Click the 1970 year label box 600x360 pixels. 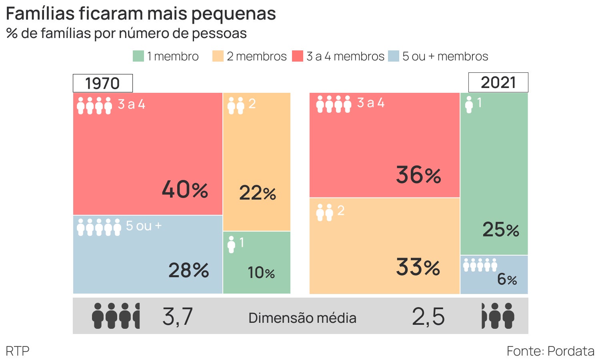[102, 83]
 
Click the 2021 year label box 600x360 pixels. [498, 82]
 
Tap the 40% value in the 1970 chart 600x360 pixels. [185, 189]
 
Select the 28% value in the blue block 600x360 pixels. [188, 270]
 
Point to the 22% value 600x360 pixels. [258, 193]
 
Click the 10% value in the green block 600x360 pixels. [261, 273]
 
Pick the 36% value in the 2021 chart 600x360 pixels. [418, 175]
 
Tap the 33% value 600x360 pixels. [418, 267]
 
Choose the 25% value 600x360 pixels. [500, 230]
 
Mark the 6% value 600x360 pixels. [507, 279]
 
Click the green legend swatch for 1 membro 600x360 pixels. [138, 56]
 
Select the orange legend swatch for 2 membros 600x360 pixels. [218, 56]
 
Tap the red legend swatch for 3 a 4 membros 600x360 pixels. [298, 56]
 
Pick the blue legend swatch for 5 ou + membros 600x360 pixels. [394, 56]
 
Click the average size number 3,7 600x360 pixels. [178, 316]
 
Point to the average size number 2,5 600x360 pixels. [428, 316]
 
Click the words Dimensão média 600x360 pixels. [302, 318]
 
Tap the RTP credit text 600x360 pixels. [18, 351]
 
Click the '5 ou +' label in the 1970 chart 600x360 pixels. [144, 226]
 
